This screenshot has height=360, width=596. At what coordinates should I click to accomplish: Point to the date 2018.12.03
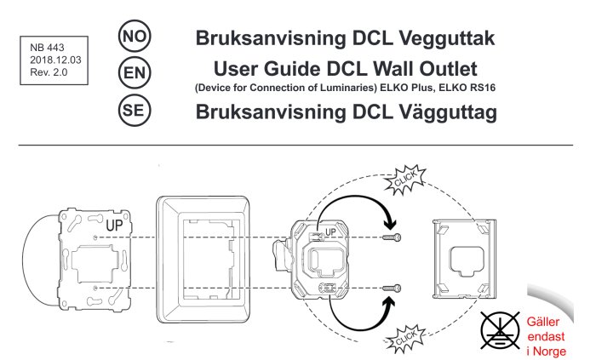click(x=53, y=61)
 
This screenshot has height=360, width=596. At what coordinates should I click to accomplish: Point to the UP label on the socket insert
click(x=332, y=231)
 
